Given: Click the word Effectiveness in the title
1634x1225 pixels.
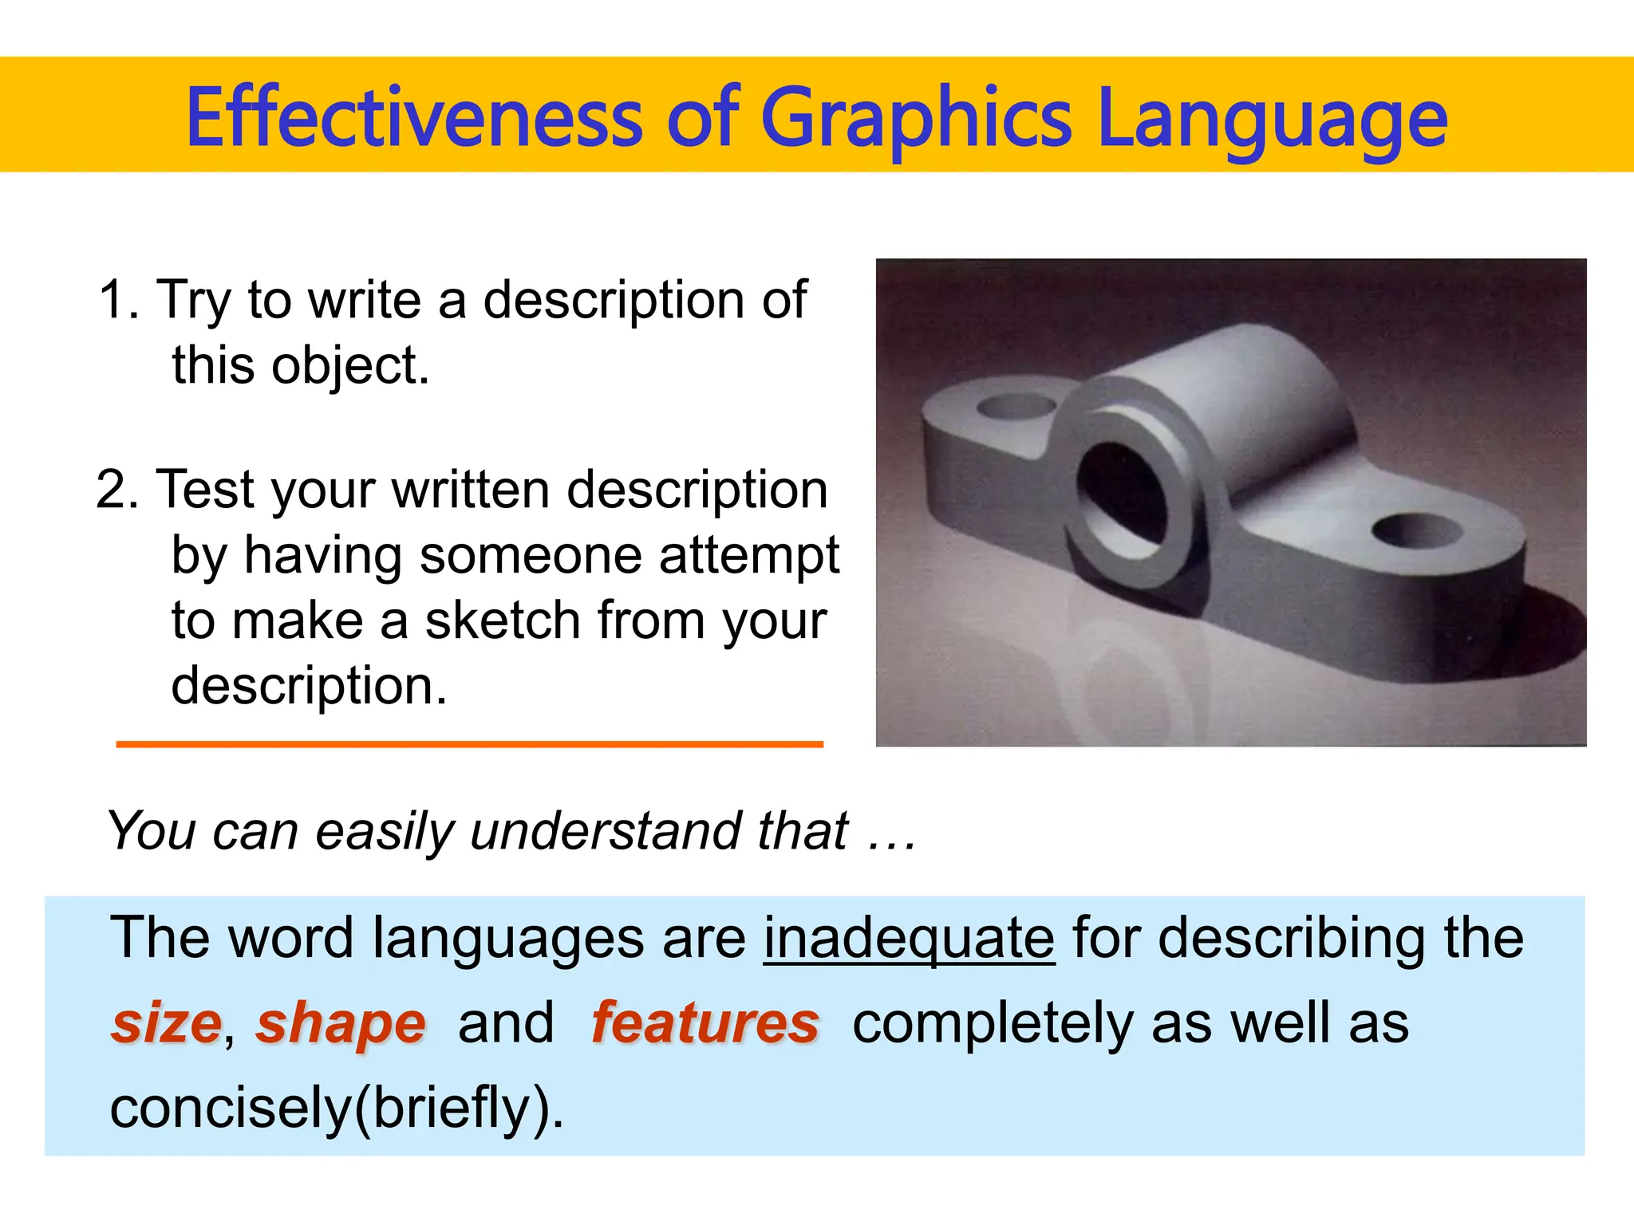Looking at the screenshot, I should pyautogui.click(x=413, y=118).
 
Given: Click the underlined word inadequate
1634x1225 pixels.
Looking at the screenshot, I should pyautogui.click(x=909, y=939).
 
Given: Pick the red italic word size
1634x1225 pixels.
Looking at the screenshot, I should pyautogui.click(x=166, y=1023).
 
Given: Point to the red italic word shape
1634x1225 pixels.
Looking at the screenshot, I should pyautogui.click(x=341, y=1023).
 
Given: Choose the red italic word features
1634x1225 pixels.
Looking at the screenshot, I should pyautogui.click(x=705, y=1023).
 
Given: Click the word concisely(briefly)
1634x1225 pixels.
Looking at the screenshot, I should pyautogui.click(x=336, y=1109).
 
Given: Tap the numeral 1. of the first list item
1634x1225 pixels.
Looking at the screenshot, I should pyautogui.click(x=119, y=301).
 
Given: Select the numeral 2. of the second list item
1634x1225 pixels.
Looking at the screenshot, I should pyautogui.click(x=117, y=490).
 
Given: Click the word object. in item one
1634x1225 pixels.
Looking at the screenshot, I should pyautogui.click(x=350, y=366).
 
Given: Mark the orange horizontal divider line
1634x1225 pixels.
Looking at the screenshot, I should pyautogui.click(x=469, y=744).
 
